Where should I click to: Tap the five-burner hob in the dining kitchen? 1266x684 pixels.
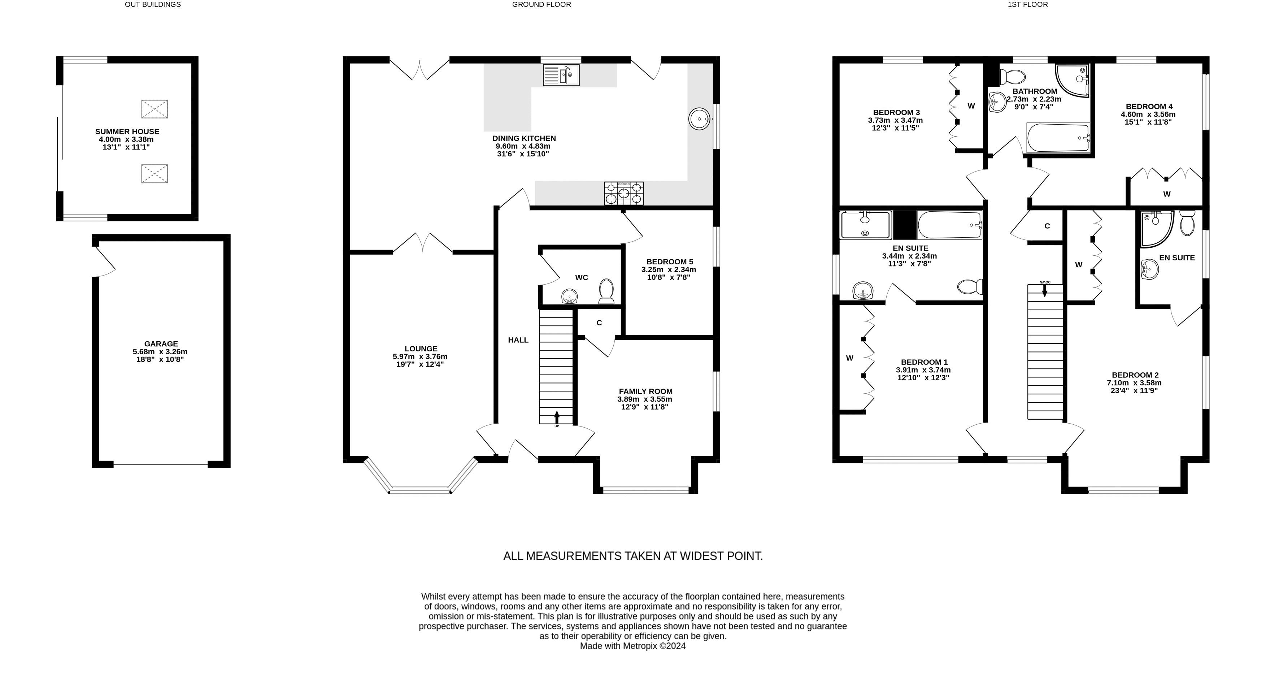(x=624, y=193)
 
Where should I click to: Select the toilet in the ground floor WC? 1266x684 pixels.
(x=606, y=291)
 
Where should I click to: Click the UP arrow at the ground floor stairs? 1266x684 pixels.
(x=557, y=417)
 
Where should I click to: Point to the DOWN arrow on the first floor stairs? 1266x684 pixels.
(x=1045, y=290)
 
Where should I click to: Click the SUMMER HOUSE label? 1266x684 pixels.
(x=127, y=132)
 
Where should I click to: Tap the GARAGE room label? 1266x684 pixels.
(x=161, y=344)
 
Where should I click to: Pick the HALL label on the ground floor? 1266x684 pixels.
(x=518, y=340)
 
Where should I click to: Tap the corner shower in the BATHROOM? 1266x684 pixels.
(x=1073, y=80)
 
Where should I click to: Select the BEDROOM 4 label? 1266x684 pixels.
(x=1149, y=107)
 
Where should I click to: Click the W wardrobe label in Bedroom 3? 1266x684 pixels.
(x=971, y=106)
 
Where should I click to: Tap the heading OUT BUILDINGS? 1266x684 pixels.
(x=153, y=4)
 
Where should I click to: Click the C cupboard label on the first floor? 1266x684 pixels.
(x=1047, y=226)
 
